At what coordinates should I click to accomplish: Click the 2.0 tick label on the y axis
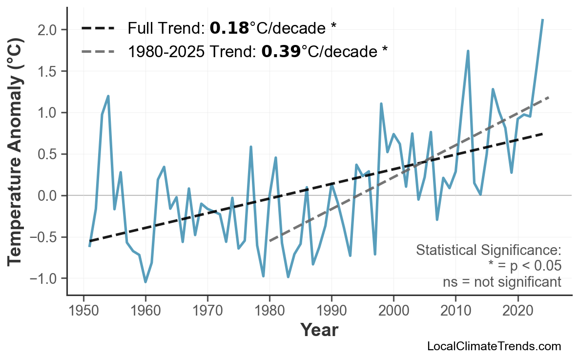48,30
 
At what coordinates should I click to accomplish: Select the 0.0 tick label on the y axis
48,196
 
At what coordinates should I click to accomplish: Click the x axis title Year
319,330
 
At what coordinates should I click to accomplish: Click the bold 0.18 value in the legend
229,28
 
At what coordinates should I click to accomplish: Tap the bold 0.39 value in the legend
281,51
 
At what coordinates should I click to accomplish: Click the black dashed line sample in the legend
98,28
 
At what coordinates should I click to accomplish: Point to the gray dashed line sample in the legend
98,51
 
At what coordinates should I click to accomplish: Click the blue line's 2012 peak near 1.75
468,51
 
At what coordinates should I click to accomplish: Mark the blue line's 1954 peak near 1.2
108,96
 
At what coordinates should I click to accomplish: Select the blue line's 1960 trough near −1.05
145,282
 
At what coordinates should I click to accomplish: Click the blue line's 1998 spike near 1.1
381,104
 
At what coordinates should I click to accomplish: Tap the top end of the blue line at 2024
542,20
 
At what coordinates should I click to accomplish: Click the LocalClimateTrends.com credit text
494,347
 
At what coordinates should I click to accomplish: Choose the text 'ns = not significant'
502,282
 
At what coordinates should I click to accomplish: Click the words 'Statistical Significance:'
489,251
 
